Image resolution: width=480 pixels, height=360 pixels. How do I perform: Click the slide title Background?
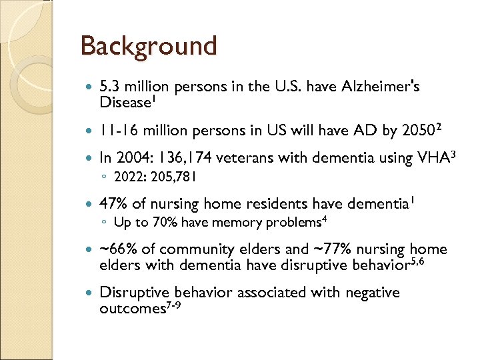point(148,47)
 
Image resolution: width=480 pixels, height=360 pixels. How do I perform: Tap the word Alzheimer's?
point(379,87)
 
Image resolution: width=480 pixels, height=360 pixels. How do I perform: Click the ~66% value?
point(118,249)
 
